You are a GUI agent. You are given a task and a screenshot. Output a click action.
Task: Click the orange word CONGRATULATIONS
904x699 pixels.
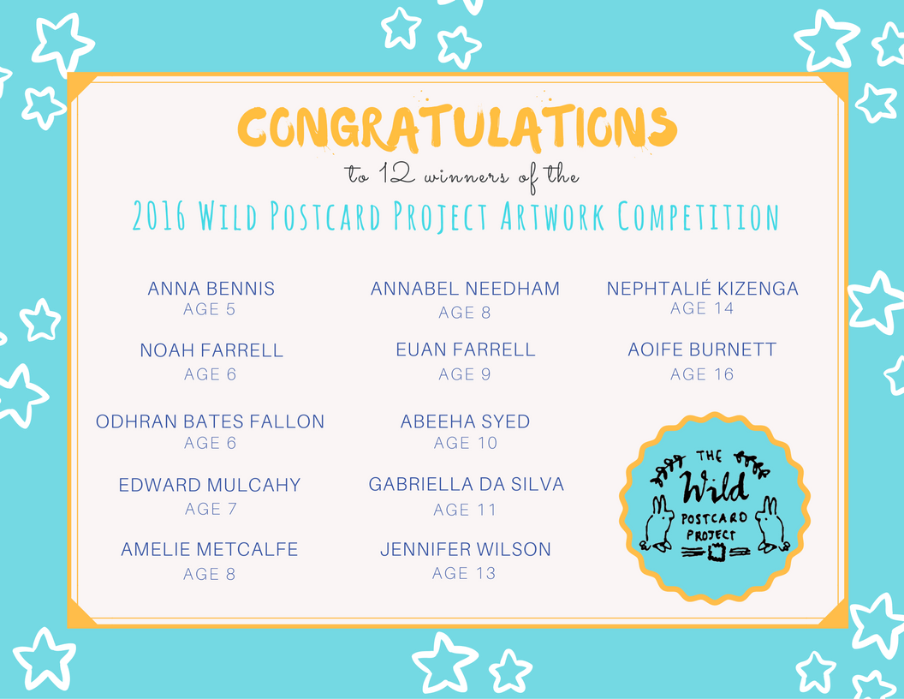(457, 127)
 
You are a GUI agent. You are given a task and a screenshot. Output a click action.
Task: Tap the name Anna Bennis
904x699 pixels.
(211, 289)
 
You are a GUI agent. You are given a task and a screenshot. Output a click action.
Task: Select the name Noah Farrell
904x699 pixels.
(211, 350)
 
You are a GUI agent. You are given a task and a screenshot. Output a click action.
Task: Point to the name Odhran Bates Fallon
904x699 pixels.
(210, 421)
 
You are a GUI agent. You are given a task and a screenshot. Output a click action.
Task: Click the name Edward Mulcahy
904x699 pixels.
(210, 485)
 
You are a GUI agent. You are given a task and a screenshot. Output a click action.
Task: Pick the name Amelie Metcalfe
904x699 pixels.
(209, 549)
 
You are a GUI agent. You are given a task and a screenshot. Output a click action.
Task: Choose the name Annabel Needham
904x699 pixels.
(465, 289)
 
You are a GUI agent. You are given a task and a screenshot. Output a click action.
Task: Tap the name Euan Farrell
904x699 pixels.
(466, 349)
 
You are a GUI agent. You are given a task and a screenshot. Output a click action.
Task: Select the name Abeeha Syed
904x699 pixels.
(465, 421)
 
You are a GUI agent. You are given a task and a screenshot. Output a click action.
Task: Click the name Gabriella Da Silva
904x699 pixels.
(467, 485)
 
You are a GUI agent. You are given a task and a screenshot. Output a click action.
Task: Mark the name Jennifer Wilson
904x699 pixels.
(466, 549)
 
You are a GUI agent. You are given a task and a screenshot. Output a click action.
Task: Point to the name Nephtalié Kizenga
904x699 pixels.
(702, 288)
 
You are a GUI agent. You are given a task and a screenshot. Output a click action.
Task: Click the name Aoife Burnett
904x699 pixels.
(702, 349)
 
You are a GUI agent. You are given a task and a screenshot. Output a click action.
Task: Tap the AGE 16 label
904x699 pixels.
(702, 374)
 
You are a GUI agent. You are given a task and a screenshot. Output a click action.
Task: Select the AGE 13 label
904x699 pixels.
(464, 573)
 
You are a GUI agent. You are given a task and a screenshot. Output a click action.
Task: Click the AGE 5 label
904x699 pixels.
(209, 310)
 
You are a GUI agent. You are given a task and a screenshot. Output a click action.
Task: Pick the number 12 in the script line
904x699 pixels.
(396, 174)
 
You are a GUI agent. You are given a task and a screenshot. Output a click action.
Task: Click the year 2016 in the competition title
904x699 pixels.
(159, 217)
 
